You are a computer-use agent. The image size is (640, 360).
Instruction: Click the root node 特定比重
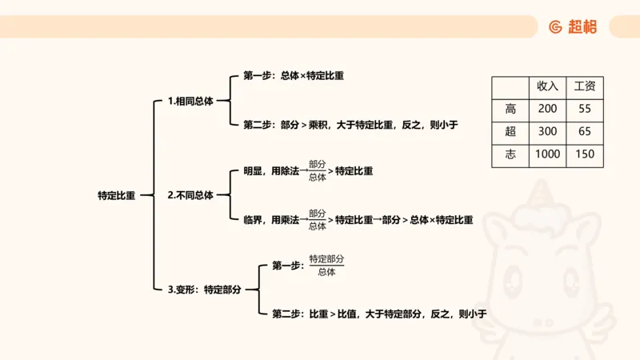tap(116, 195)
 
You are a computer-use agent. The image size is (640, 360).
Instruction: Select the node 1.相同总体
tap(190, 102)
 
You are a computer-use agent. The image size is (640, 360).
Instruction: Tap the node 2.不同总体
tap(190, 195)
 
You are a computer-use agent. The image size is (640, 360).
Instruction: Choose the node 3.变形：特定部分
tap(204, 290)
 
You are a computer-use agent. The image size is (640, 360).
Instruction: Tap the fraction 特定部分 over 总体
tap(326, 265)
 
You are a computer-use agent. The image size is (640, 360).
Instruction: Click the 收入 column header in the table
tap(547, 86)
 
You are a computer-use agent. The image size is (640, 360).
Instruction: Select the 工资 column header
tap(584, 86)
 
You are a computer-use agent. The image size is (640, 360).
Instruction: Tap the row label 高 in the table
tap(510, 109)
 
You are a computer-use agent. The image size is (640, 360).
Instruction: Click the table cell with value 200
tap(547, 109)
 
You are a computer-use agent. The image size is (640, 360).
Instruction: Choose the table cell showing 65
tap(584, 131)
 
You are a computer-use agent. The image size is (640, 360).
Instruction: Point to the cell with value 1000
tap(547, 154)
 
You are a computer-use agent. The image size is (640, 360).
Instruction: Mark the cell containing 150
tap(584, 154)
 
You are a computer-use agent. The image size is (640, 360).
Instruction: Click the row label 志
tap(510, 154)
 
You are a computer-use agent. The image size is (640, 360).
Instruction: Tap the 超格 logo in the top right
tap(573, 26)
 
